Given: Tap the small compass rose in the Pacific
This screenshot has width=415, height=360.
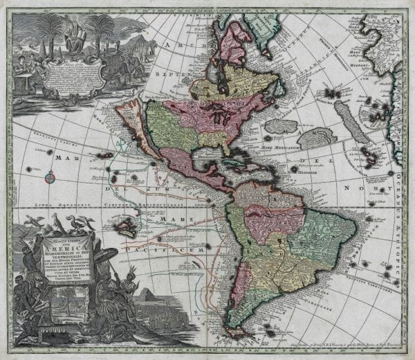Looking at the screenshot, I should click(x=50, y=178).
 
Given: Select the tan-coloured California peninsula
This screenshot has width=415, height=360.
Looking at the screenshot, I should click(x=130, y=138).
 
